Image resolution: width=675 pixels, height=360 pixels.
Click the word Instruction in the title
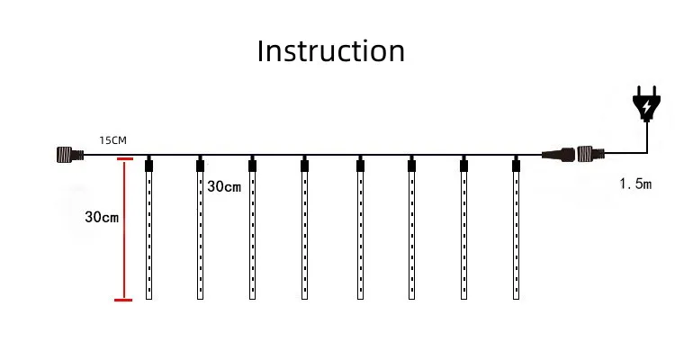click(x=330, y=51)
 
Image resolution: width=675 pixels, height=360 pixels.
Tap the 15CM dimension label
click(x=112, y=140)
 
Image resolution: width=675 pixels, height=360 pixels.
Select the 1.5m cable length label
click(x=635, y=184)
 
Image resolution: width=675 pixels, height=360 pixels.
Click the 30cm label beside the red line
click(x=102, y=217)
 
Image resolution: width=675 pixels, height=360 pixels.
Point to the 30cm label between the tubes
click(x=224, y=186)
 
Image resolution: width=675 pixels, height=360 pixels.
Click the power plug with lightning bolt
click(x=646, y=103)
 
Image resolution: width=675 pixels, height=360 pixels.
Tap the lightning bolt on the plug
click(x=646, y=106)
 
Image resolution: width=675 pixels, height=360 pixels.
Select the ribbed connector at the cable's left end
click(x=70, y=154)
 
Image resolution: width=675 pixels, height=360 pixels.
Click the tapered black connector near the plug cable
click(x=558, y=154)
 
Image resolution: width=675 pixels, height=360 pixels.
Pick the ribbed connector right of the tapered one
click(x=590, y=154)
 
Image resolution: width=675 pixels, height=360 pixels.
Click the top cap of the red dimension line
click(x=125, y=159)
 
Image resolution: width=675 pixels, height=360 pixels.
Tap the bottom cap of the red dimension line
click(x=123, y=300)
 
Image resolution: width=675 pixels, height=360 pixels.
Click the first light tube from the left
click(x=148, y=229)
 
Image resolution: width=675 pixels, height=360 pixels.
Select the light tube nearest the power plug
click(x=517, y=229)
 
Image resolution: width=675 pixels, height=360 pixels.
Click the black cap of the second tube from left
click(x=200, y=166)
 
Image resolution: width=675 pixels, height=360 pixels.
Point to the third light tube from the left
click(x=252, y=229)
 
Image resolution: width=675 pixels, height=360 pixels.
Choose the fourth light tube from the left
click(x=305, y=229)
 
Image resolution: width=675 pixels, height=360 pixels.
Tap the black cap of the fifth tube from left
click(x=360, y=166)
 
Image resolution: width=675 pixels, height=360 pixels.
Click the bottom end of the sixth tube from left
click(x=412, y=299)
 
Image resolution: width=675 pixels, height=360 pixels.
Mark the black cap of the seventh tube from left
click(x=463, y=166)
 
